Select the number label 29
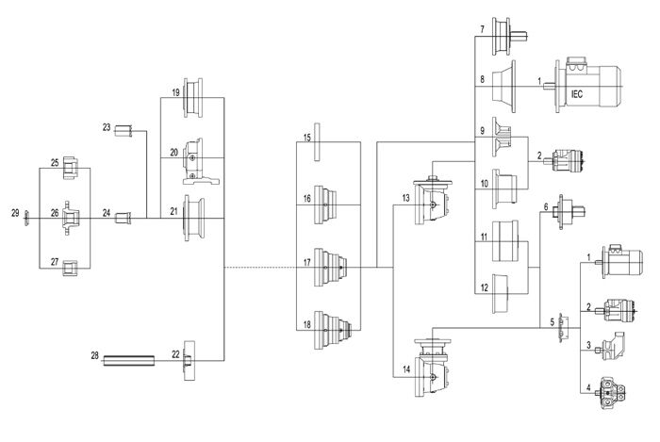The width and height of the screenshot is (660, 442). [x=13, y=214]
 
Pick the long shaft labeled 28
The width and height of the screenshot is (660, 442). [x=128, y=358]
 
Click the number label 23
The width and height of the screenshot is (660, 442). [x=107, y=127]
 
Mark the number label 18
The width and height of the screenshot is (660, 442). [x=307, y=324]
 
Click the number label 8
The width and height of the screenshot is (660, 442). [x=482, y=80]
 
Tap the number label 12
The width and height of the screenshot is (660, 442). [x=483, y=287]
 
